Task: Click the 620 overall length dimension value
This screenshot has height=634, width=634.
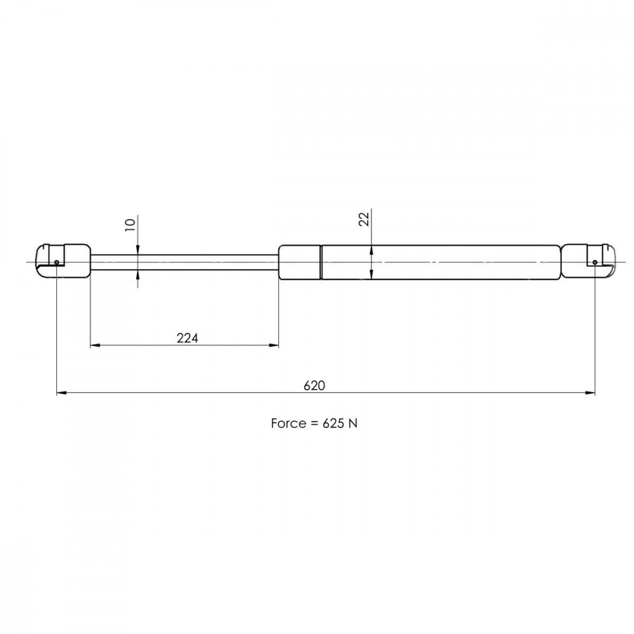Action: coord(314,385)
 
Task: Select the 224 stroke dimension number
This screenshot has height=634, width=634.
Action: coord(188,338)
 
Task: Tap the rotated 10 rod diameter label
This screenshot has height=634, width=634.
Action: coord(130,224)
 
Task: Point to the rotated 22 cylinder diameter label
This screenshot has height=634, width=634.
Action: coord(365,219)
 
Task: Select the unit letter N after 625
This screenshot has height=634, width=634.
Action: coord(353,424)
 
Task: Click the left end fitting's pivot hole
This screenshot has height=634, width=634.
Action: coord(56,262)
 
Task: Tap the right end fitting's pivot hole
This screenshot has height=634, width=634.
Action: coord(595,262)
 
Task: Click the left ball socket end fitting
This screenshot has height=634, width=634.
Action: coord(63,261)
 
